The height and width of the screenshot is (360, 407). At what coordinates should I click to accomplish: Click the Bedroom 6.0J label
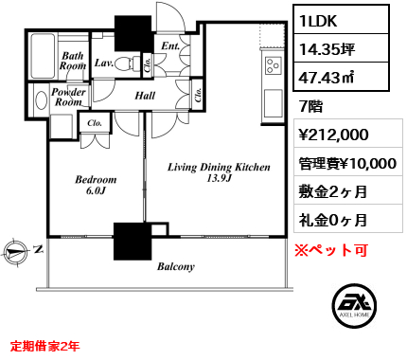pyautogui.click(x=96, y=185)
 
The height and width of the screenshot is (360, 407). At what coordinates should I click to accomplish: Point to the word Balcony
pyautogui.click(x=176, y=267)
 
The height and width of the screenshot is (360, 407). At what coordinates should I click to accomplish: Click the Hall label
pyautogui.click(x=145, y=96)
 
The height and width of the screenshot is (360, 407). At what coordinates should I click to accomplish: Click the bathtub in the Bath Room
pyautogui.click(x=43, y=56)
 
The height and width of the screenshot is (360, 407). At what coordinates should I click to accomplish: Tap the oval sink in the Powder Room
pyautogui.click(x=42, y=100)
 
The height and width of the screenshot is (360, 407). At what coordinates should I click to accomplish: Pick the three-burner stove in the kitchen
pyautogui.click(x=273, y=65)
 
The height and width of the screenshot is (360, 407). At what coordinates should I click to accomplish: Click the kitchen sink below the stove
pyautogui.click(x=273, y=103)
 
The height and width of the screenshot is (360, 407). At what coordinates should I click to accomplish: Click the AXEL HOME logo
pyautogui.click(x=355, y=305)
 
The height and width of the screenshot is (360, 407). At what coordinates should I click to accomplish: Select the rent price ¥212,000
pyautogui.click(x=333, y=135)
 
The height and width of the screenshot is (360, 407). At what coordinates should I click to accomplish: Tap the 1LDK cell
pyautogui.click(x=342, y=21)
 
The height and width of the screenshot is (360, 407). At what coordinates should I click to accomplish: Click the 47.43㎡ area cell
pyautogui.click(x=342, y=77)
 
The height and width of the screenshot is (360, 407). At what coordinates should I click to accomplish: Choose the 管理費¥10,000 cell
pyautogui.click(x=347, y=163)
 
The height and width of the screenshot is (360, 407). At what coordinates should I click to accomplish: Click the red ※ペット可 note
pyautogui.click(x=331, y=250)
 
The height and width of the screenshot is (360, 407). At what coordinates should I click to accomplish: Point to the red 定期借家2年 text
pyautogui.click(x=45, y=346)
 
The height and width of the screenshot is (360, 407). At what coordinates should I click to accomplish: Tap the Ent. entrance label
pyautogui.click(x=170, y=45)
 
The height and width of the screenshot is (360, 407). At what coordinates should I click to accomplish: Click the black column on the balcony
pyautogui.click(x=133, y=242)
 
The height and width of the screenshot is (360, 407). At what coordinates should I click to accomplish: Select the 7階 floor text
pyautogui.click(x=310, y=106)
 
